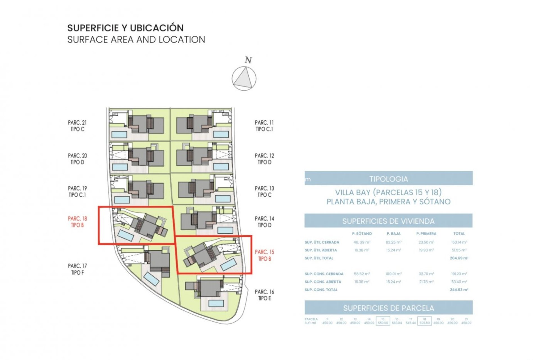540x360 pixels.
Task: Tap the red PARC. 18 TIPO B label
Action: pyautogui.click(x=77, y=222)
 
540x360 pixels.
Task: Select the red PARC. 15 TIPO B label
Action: pyautogui.click(x=264, y=255)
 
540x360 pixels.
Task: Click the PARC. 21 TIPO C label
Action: pyautogui.click(x=77, y=126)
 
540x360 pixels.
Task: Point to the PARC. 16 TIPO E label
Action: pyautogui.click(x=264, y=295)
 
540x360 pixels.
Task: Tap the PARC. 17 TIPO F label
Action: pyautogui.click(x=77, y=269)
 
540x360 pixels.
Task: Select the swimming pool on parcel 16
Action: pyautogui.click(x=216, y=303)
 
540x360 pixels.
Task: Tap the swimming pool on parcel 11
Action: pyautogui.click(x=221, y=134)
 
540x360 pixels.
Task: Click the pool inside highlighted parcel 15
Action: pyautogui.click(x=228, y=265)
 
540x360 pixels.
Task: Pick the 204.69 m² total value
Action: pyautogui.click(x=459, y=258)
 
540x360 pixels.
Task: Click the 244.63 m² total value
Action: pyautogui.click(x=459, y=289)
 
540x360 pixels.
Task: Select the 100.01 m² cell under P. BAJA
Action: pyautogui.click(x=393, y=274)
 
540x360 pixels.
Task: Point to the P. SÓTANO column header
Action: pyautogui.click(x=362, y=233)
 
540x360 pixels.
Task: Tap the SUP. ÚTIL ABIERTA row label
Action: pyautogui.click(x=321, y=250)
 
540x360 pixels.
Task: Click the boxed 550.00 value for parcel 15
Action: pyautogui.click(x=383, y=323)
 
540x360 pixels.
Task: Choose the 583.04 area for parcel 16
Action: pyautogui.click(x=397, y=323)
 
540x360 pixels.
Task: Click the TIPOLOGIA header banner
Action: pyautogui.click(x=388, y=179)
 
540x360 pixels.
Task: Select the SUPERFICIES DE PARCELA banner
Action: pyautogui.click(x=388, y=308)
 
